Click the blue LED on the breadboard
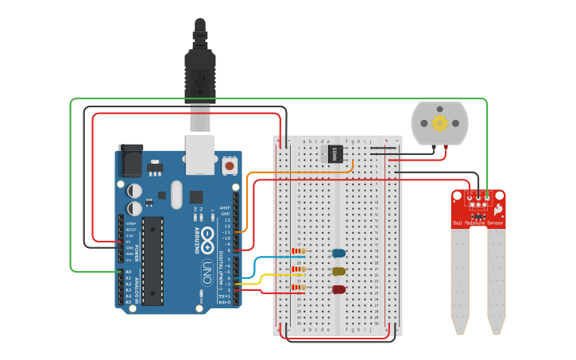pyautogui.click(x=339, y=254)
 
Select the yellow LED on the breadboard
pyautogui.click(x=339, y=271)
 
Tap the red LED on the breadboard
pyautogui.click(x=339, y=289)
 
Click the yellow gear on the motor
pyautogui.click(x=439, y=123)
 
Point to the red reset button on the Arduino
pyautogui.click(x=230, y=166)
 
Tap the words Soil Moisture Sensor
pyautogui.click(x=478, y=223)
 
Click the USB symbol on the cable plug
pyautogui.click(x=200, y=79)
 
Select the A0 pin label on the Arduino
pyautogui.click(x=127, y=273)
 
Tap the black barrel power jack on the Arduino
pyautogui.click(x=129, y=162)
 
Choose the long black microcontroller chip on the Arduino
pyautogui.click(x=153, y=260)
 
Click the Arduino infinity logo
pyautogui.click(x=207, y=236)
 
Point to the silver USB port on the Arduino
pyautogui.click(x=200, y=154)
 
